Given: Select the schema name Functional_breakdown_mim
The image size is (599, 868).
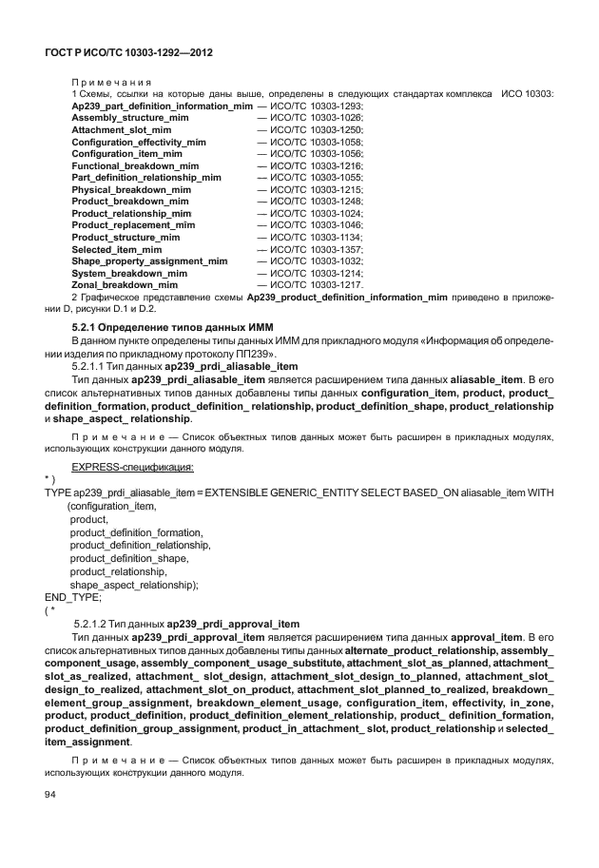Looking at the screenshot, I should click(x=135, y=165).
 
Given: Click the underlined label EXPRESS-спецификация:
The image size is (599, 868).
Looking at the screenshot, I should click(x=134, y=467).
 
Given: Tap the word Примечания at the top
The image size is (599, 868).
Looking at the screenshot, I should click(x=104, y=81).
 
